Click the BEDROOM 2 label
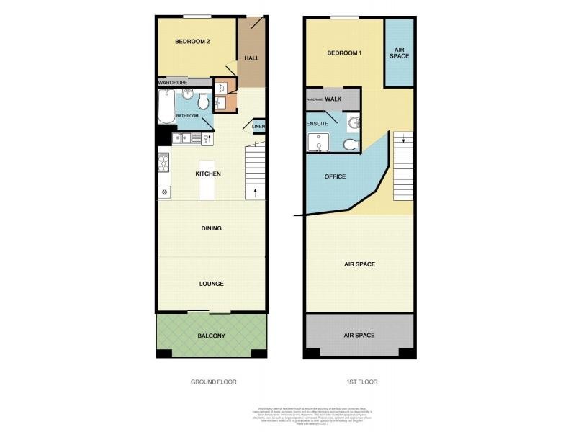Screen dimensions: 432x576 point(192,42)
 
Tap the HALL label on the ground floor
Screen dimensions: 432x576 point(252,58)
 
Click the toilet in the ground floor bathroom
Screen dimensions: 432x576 point(204,103)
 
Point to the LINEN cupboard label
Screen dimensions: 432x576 point(258,127)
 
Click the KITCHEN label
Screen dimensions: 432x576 point(208,174)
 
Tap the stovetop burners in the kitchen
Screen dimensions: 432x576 point(163,163)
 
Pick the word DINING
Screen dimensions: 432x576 point(211,228)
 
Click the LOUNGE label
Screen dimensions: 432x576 point(211,284)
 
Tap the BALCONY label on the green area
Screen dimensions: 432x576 point(212,336)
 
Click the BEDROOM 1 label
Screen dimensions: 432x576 point(344,53)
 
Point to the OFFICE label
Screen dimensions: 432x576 point(335,176)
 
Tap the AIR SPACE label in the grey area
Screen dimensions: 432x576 point(359,335)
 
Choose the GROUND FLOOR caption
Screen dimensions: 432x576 point(213,382)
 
